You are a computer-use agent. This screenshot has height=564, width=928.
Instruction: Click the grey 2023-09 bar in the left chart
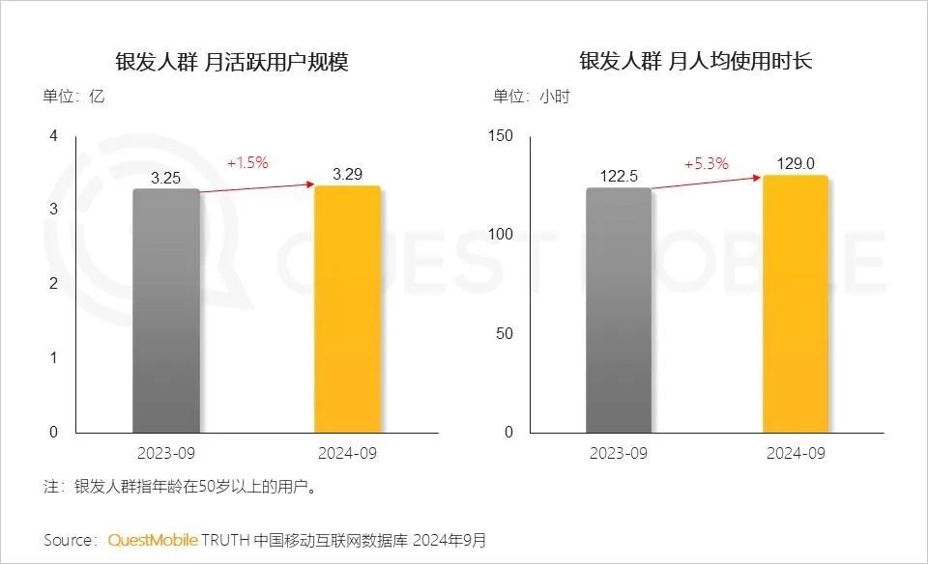166,310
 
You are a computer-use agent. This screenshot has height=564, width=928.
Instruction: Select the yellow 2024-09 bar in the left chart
347,309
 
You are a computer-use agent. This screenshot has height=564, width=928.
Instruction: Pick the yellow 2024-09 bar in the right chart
796,303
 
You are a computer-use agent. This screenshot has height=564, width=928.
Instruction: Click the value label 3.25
166,178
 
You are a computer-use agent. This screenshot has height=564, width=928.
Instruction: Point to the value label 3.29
347,175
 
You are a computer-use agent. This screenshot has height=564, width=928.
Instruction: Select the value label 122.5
619,177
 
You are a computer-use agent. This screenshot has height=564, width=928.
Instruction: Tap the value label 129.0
796,164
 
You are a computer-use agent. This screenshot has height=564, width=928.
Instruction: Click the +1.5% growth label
247,162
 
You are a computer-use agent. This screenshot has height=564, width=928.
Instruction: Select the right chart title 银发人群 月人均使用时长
696,63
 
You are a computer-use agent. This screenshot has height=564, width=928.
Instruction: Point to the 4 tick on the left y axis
54,135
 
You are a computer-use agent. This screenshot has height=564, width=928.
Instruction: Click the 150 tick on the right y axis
501,135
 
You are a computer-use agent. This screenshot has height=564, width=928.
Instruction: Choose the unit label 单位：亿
72,96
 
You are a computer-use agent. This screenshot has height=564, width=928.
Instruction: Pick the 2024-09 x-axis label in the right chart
796,453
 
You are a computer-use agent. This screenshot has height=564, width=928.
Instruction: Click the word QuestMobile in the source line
153,539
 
